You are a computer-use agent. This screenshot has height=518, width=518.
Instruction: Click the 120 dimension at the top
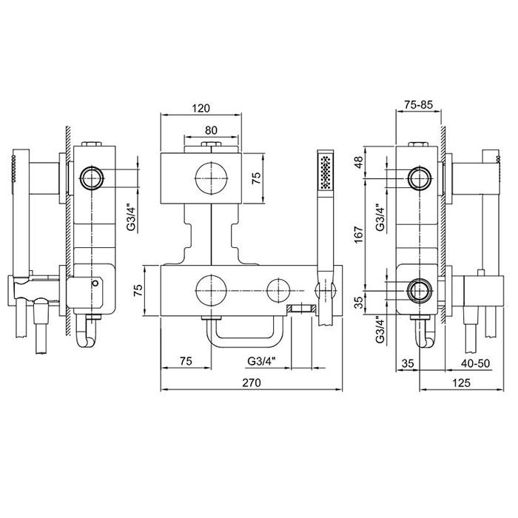pyautogui.click(x=201, y=108)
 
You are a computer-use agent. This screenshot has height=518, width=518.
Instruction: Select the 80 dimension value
pyautogui.click(x=211, y=130)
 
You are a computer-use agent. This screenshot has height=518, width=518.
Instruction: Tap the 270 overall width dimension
pyautogui.click(x=252, y=383)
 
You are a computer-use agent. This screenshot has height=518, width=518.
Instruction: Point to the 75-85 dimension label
pyautogui.click(x=419, y=105)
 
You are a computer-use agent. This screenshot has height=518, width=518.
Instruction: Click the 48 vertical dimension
pyautogui.click(x=359, y=162)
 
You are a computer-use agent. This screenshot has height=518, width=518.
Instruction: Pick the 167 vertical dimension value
pyautogui.click(x=359, y=235)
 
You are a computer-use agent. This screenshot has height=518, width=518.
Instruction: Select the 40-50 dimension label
pyautogui.click(x=476, y=363)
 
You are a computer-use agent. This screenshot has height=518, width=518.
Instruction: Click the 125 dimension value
pyautogui.click(x=461, y=383)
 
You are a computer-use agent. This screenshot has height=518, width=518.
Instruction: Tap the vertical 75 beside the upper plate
pyautogui.click(x=256, y=178)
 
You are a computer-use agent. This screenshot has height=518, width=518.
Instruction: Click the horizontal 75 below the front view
pyautogui.click(x=186, y=361)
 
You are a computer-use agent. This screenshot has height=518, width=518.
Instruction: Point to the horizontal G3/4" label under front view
pyautogui.click(x=261, y=361)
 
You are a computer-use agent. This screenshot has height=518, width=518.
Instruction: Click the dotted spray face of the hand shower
pyautogui.click(x=326, y=172)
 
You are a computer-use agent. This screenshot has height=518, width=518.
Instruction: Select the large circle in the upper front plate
pyautogui.click(x=211, y=178)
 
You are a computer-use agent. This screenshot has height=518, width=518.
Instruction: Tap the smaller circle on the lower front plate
pyautogui.click(x=278, y=290)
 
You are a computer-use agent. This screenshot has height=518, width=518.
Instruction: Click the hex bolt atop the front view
pyautogui.click(x=211, y=144)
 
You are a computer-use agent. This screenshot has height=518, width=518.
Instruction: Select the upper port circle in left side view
pyautogui.click(x=92, y=178)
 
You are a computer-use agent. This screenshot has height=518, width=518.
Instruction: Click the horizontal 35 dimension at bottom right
pyautogui.click(x=408, y=363)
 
